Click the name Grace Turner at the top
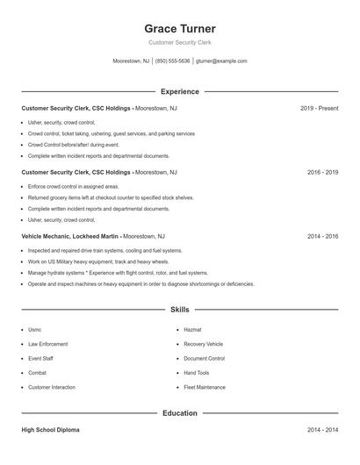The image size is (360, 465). pyautogui.click(x=179, y=28)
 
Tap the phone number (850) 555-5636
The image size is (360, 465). pyautogui.click(x=173, y=61)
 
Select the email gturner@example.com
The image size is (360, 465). pyautogui.click(x=221, y=61)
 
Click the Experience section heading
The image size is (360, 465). pyautogui.click(x=179, y=91)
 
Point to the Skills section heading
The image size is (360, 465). pyautogui.click(x=179, y=310)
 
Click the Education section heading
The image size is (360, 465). pyautogui.click(x=179, y=413)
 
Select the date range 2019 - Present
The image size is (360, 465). pyautogui.click(x=319, y=108)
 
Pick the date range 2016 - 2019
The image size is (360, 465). pyautogui.click(x=322, y=173)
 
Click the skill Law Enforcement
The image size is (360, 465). pyautogui.click(x=47, y=344)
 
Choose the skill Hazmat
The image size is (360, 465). pyautogui.click(x=192, y=330)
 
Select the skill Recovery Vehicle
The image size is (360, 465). pyautogui.click(x=203, y=344)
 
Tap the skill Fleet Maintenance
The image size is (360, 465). pyautogui.click(x=205, y=387)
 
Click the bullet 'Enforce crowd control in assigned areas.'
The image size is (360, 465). pyautogui.click(x=73, y=187)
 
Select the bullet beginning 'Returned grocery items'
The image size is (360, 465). pyautogui.click(x=111, y=198)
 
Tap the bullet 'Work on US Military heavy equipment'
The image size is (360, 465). pyautogui.click(x=97, y=261)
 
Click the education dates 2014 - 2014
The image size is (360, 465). pyautogui.click(x=322, y=430)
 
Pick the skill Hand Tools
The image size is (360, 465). pyautogui.click(x=197, y=373)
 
